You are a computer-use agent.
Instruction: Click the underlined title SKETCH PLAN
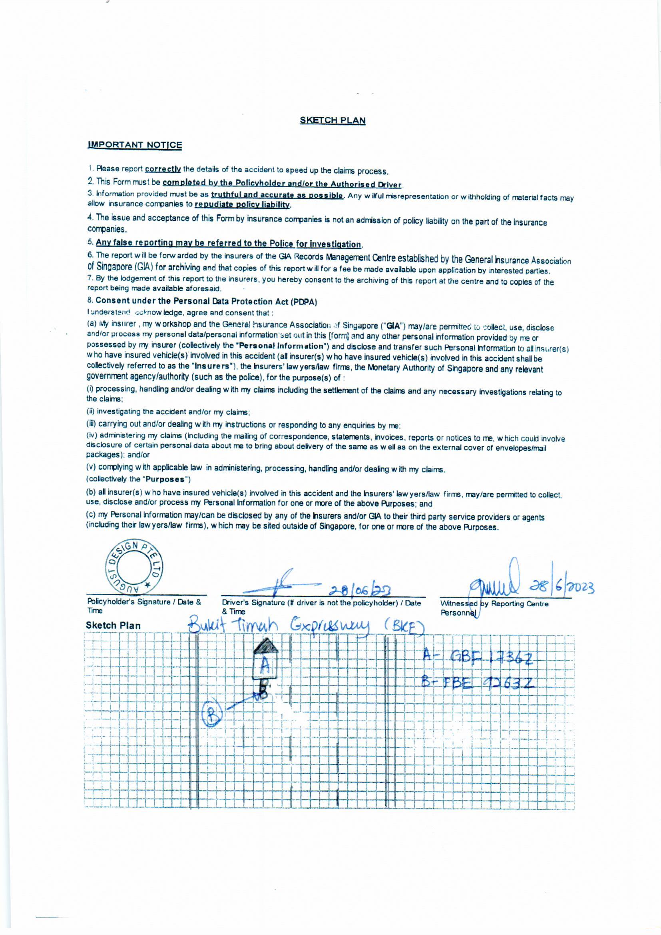(332, 120)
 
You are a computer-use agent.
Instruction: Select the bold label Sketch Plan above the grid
(113, 625)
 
